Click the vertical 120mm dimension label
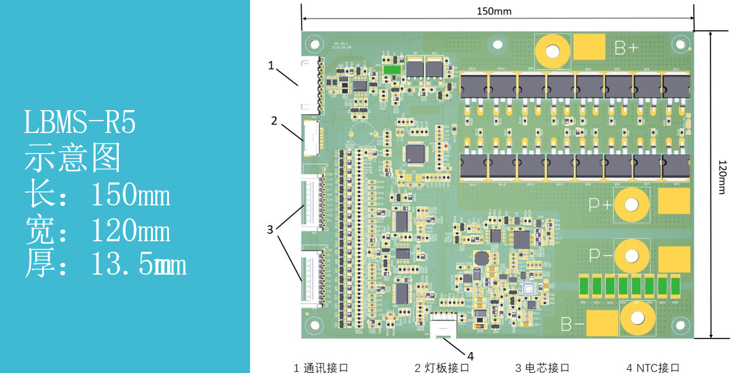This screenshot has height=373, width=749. click(722, 177)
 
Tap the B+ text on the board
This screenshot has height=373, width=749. click(626, 48)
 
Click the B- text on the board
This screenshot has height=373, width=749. click(572, 323)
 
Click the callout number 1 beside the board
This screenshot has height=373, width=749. click(271, 65)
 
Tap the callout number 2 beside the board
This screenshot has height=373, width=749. click(274, 121)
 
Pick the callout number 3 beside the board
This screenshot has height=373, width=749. click(270, 229)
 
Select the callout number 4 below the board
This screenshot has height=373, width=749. click(470, 356)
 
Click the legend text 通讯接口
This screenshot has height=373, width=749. click(326, 367)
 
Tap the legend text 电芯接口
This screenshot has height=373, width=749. click(547, 367)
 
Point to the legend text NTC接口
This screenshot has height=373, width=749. click(658, 367)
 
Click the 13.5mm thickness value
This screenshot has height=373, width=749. click(138, 265)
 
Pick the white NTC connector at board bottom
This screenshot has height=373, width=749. click(444, 325)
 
